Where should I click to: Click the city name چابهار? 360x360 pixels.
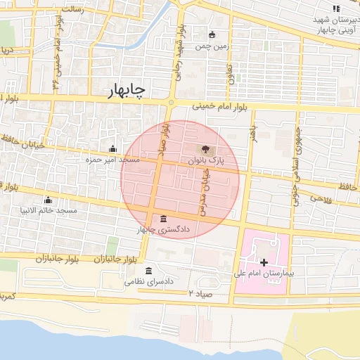(x=128, y=91)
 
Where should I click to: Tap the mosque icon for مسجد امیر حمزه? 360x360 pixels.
(x=113, y=148)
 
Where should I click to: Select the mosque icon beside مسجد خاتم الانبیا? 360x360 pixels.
(x=47, y=200)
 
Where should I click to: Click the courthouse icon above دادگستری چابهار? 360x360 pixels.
(x=164, y=218)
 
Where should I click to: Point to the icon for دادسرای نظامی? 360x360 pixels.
(x=148, y=271)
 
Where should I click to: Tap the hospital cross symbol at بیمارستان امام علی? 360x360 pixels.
(x=264, y=262)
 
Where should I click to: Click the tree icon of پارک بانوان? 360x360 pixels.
(x=205, y=149)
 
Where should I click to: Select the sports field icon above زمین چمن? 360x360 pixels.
(x=212, y=34)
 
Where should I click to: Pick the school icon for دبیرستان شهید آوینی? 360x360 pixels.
(x=336, y=8)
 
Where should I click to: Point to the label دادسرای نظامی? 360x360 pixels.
(x=149, y=281)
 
